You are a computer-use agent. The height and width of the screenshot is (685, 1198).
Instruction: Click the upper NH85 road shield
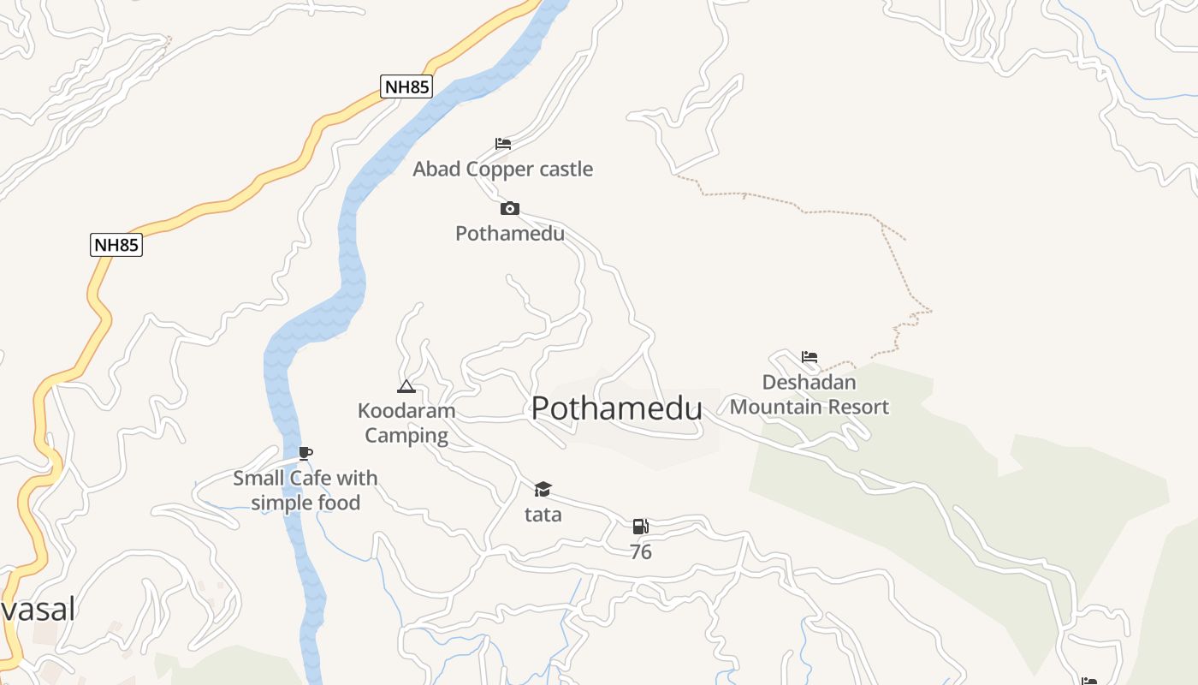pos(406,86)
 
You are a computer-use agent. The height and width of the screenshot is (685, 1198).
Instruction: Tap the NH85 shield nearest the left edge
pos(116,245)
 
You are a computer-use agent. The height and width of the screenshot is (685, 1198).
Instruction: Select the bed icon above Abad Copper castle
pos(503,143)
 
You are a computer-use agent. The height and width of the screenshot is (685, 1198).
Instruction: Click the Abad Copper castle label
pos(502,169)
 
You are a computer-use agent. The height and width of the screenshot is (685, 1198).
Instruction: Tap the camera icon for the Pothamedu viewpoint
pos(510,208)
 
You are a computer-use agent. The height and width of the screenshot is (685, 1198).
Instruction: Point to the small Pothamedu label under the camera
pos(510,233)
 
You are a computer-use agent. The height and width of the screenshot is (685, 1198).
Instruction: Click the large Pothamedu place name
pos(616,408)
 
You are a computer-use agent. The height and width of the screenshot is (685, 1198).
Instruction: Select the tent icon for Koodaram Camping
pos(406,386)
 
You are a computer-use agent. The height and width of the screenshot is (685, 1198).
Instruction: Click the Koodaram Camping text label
pos(406,423)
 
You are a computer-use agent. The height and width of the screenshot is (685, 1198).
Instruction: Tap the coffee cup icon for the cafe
pos(305,453)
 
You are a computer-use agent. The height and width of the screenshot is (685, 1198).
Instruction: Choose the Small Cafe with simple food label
pos(305,490)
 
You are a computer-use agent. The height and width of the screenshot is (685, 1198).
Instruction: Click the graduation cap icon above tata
pos(543,489)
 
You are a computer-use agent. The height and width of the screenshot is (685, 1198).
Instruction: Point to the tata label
pos(543,515)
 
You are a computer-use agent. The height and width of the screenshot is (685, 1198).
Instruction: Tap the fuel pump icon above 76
pos(640,527)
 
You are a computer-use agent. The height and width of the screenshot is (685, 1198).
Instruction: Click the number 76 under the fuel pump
pos(640,552)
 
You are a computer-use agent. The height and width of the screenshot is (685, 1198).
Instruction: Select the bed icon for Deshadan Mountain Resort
pos(810,357)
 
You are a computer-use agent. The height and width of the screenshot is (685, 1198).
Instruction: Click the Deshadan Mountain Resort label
pos(810,395)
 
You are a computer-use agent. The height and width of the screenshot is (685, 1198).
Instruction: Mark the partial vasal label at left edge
pos(38,609)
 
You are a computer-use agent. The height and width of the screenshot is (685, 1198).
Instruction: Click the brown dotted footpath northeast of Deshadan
pos(890,248)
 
